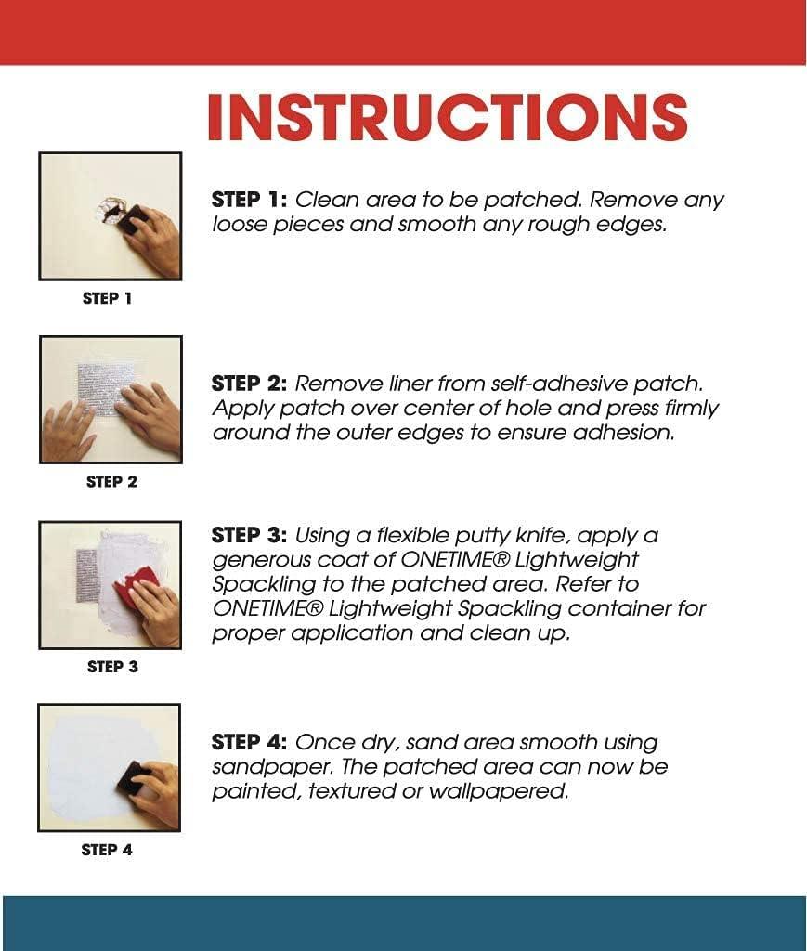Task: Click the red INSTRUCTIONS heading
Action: tap(447, 118)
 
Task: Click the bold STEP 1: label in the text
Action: tap(251, 200)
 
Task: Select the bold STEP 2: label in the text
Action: tap(251, 384)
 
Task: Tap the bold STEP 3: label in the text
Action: tap(251, 535)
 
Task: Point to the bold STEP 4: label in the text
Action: tap(251, 742)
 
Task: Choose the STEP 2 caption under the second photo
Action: tap(111, 481)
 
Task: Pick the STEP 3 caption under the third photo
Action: tap(112, 666)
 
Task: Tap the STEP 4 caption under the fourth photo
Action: tap(107, 849)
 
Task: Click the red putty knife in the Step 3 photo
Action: tap(137, 584)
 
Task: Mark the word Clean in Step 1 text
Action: tap(327, 200)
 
